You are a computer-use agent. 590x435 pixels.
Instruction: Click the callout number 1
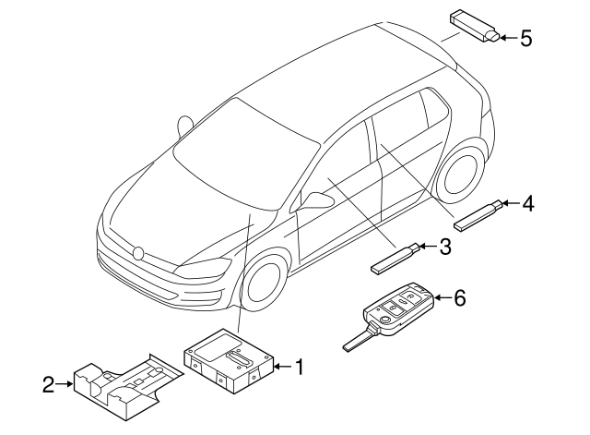298,368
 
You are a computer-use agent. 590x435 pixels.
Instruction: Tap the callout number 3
444,247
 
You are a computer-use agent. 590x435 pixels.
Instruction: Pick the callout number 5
526,38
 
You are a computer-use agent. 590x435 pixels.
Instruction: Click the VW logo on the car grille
139,251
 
